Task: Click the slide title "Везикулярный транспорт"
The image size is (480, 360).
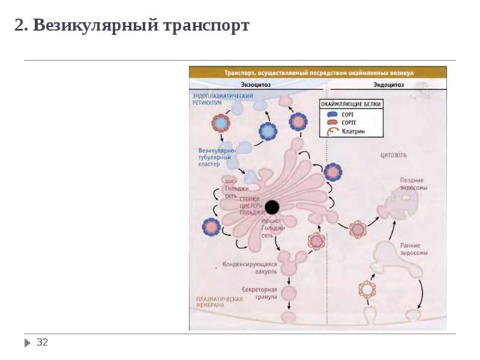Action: (x=132, y=26)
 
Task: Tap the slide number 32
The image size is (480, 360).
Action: (x=42, y=343)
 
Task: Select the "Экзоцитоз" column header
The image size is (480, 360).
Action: (x=256, y=85)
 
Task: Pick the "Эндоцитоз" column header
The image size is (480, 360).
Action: (x=388, y=85)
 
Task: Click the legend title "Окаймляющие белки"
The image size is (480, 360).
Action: (x=351, y=104)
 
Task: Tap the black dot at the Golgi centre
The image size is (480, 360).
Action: (x=272, y=208)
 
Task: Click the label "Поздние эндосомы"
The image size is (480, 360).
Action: (x=413, y=184)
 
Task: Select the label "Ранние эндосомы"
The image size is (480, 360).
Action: (x=413, y=249)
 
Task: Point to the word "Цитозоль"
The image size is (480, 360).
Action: (x=394, y=155)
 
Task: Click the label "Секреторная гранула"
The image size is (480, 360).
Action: (x=260, y=293)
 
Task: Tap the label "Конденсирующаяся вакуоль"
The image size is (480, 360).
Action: (x=251, y=268)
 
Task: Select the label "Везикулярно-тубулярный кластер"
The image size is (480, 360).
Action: (x=217, y=157)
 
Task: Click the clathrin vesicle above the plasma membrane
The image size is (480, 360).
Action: (x=367, y=290)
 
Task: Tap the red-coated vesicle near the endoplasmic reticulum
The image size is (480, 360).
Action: (x=221, y=124)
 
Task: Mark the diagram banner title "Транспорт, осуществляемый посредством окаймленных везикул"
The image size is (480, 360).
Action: (x=319, y=73)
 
